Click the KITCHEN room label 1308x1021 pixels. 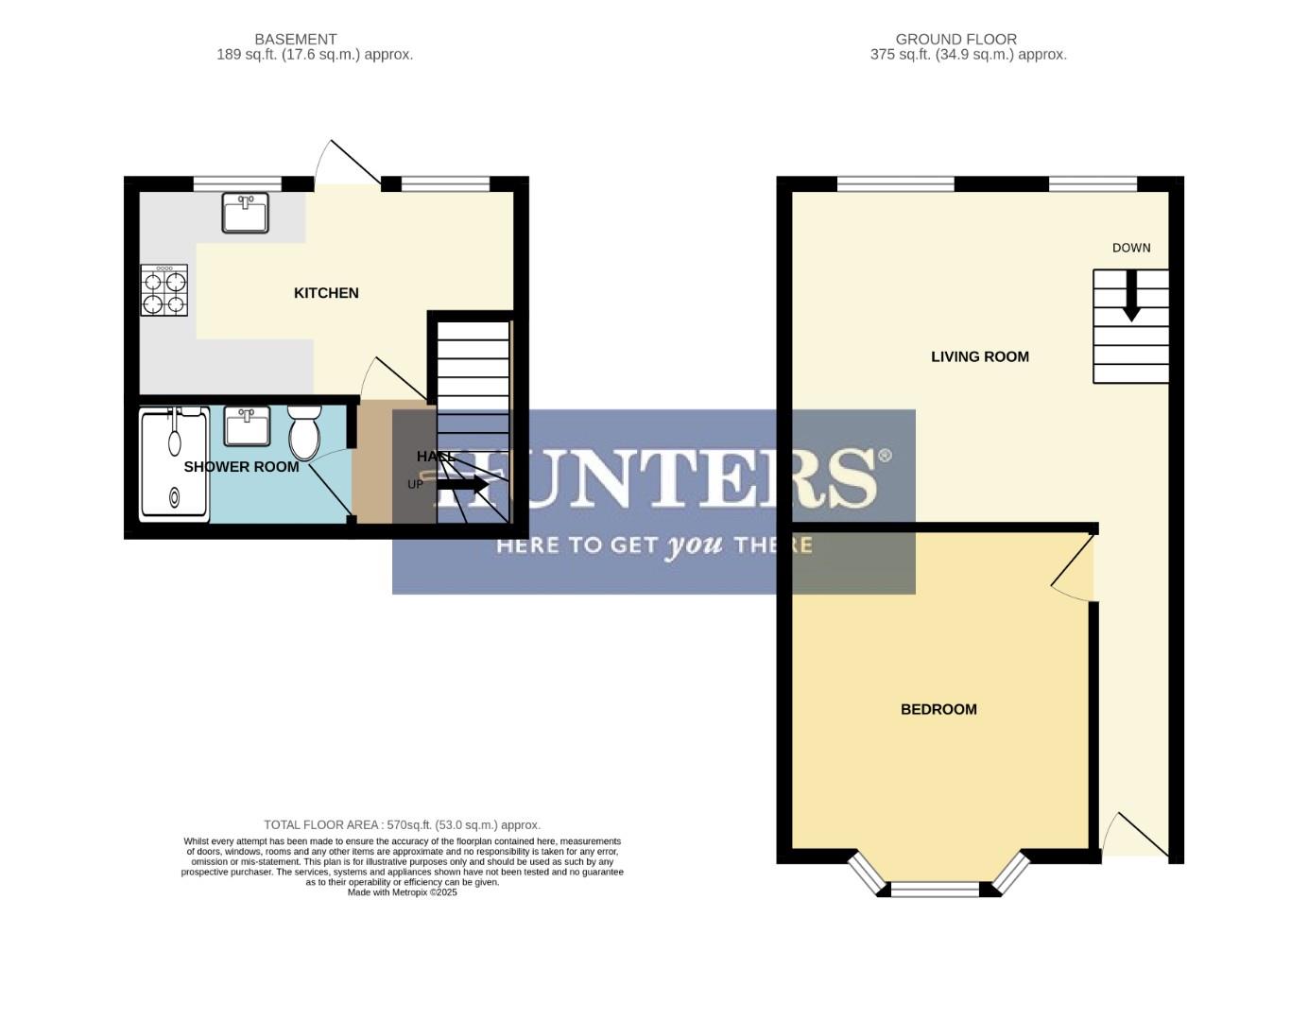coord(326,293)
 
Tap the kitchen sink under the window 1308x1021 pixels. coord(245,213)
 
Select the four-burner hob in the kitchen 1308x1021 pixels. coord(164,290)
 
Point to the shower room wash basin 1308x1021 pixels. coord(247,425)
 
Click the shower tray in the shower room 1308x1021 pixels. coord(174,464)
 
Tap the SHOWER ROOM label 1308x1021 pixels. coord(241,467)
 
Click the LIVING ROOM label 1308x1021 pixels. coord(979,356)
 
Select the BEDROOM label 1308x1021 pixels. coord(938,709)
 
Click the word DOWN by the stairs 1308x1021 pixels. coord(1130,248)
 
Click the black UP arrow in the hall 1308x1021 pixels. coord(463,484)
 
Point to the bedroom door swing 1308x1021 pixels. coord(1073,567)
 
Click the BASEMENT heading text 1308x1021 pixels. coord(295,40)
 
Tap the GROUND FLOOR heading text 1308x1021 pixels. coord(955,40)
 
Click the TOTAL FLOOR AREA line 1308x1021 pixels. coord(402,824)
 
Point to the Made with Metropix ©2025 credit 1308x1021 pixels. coord(402,892)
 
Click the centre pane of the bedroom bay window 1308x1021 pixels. coord(935,889)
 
